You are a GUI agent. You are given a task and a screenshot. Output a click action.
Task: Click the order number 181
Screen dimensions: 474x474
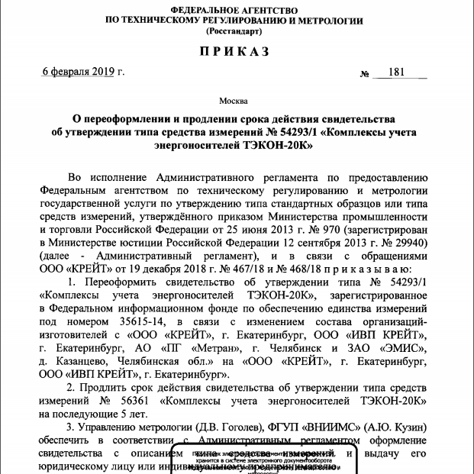[395, 73]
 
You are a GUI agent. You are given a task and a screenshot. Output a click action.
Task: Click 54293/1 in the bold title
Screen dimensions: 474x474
[298, 131]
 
